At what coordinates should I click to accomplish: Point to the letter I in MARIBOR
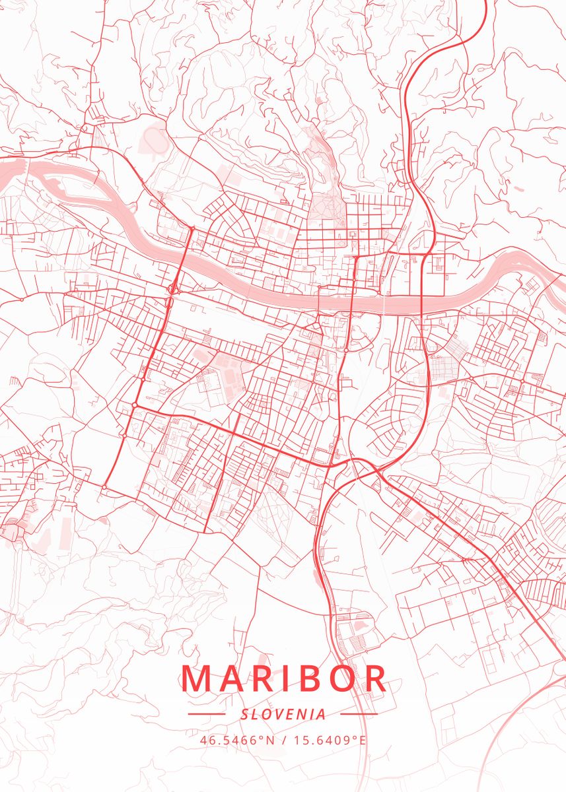point(287,678)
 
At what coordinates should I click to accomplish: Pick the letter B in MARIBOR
point(310,678)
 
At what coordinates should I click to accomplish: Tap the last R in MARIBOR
point(376,678)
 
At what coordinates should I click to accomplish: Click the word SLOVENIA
point(283,714)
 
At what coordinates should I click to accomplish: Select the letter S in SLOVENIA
point(244,714)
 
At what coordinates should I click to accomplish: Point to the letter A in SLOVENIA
point(321,714)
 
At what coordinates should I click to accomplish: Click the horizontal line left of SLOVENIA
point(207,714)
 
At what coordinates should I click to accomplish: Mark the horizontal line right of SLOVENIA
point(358,714)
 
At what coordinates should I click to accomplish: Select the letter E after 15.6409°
point(362,739)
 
